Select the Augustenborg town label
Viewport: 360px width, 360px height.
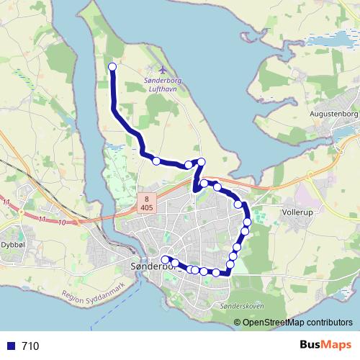coord(333,114)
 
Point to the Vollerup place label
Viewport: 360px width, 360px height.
coord(302,213)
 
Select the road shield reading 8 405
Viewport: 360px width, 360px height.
coord(147,203)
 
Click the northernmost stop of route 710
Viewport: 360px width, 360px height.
coord(112,68)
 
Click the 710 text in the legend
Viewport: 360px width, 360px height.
coord(30,346)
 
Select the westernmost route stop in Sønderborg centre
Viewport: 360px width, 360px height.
coord(166,259)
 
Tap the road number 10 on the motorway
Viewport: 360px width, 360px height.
coord(64,222)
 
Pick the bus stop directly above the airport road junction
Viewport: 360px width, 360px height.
coord(202,162)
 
